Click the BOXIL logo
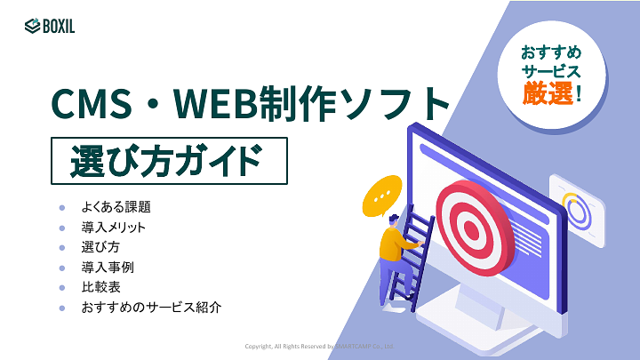click(x=50, y=26)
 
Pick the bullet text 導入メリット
click(x=114, y=228)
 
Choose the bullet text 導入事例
click(x=108, y=267)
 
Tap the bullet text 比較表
click(x=100, y=287)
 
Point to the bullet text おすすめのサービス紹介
click(x=150, y=308)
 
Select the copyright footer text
click(x=320, y=346)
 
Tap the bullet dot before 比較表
click(x=62, y=287)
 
